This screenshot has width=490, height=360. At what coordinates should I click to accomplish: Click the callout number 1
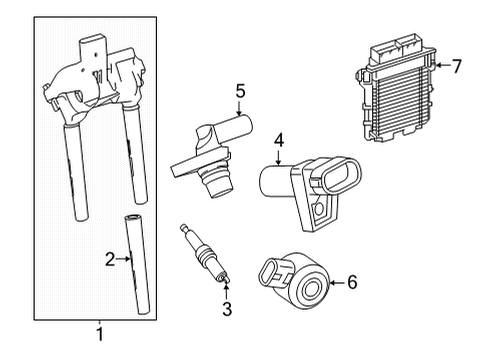(x=100, y=334)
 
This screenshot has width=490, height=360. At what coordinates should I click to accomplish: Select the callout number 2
(x=110, y=259)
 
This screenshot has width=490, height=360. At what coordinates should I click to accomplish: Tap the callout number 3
(x=227, y=309)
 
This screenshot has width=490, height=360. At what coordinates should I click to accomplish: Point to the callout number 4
(x=279, y=140)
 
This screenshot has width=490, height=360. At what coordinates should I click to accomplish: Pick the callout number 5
(x=240, y=91)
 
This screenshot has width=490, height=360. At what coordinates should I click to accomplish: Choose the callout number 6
(x=352, y=282)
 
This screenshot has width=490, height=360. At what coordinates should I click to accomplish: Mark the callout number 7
(x=456, y=66)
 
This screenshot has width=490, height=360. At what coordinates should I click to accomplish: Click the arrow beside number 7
(x=442, y=65)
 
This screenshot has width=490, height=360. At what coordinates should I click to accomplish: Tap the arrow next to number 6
(x=337, y=283)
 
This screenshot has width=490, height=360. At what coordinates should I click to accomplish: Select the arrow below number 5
(x=239, y=108)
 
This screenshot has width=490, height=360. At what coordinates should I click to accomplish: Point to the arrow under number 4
(x=279, y=157)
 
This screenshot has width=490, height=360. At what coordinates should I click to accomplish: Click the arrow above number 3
(x=226, y=291)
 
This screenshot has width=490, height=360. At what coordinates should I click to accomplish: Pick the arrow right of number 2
(x=123, y=259)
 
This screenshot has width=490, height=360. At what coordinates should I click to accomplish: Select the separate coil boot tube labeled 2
(x=137, y=265)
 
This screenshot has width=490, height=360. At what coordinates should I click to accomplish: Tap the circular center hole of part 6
(x=312, y=287)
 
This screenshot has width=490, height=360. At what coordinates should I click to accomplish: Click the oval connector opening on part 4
(x=342, y=175)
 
